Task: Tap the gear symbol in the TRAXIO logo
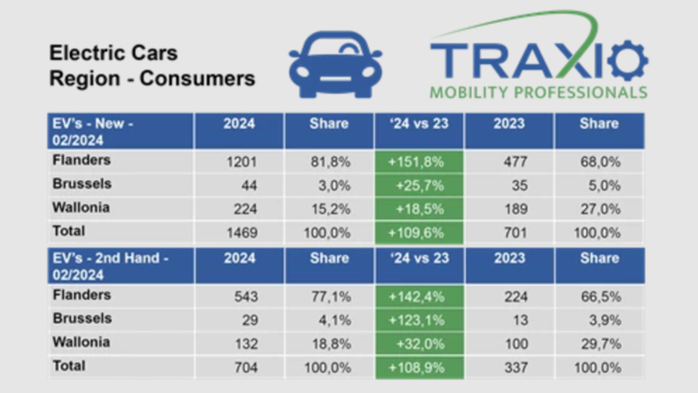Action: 627,60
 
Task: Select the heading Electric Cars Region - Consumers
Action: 152,66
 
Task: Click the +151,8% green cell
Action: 419,162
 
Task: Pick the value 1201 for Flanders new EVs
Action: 240,161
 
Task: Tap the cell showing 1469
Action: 240,232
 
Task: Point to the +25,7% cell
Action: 419,185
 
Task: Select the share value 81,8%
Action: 329,161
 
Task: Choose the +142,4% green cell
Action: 419,296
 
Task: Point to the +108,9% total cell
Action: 419,367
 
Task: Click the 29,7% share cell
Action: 600,343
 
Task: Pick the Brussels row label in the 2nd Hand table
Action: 82,319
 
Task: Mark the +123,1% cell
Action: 419,319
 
